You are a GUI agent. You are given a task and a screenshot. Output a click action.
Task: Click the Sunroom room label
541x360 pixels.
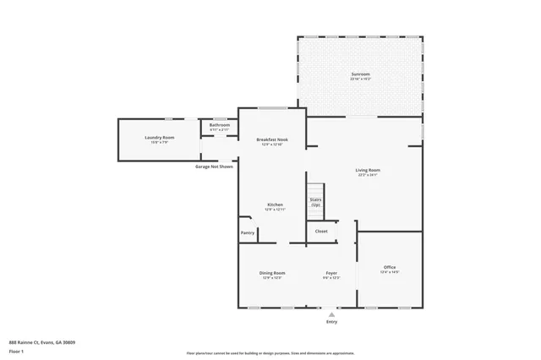[x=361, y=74]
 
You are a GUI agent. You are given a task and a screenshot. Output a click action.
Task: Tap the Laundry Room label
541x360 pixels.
[x=159, y=137]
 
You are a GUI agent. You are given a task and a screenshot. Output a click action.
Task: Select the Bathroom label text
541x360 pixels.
[x=220, y=125]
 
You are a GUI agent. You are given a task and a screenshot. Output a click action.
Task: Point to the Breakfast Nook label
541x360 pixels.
[x=272, y=139]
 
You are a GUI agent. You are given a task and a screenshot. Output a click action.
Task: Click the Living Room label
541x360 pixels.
[x=367, y=171]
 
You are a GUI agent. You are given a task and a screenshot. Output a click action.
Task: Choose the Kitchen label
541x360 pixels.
[x=275, y=205]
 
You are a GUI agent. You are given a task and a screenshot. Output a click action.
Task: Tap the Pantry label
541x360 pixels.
[x=248, y=232]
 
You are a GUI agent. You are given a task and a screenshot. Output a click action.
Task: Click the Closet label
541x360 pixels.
[x=321, y=231]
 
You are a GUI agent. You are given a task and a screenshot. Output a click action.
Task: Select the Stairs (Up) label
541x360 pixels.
[x=315, y=203]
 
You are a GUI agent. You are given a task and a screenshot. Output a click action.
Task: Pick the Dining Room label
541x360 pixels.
[x=272, y=273]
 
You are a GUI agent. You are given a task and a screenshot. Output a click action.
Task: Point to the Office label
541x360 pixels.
[x=390, y=267]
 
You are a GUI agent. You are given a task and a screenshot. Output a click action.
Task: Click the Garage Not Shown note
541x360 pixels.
[x=214, y=166]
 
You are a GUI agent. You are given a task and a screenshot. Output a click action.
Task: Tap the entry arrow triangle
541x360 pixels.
[x=331, y=314]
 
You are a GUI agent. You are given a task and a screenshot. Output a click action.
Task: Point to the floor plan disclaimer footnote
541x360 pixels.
[x=270, y=352]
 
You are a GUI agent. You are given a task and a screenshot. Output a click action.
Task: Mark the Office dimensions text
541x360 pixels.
[x=390, y=272]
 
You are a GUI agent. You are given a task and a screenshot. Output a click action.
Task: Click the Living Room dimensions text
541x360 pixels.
[x=367, y=176]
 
